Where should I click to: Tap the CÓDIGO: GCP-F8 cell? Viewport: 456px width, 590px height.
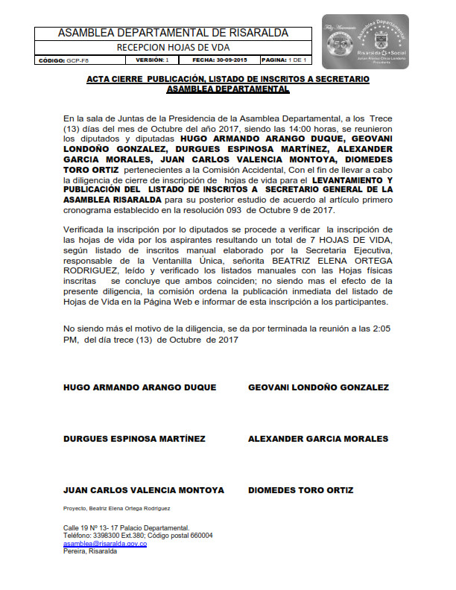point(62,60)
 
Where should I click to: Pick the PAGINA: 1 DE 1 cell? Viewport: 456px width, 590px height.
point(284,60)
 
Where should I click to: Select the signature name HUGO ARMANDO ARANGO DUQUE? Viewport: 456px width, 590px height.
point(140,387)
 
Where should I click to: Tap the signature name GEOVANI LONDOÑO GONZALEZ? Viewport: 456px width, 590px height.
point(318,387)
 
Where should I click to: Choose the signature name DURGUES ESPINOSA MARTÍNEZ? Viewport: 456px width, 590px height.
point(134,439)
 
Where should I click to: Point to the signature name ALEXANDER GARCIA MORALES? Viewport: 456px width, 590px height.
point(318,439)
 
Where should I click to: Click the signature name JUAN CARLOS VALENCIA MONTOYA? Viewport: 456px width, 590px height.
point(144,490)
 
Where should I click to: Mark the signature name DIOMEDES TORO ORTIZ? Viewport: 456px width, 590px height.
point(300,490)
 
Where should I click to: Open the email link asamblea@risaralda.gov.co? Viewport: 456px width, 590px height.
point(105,544)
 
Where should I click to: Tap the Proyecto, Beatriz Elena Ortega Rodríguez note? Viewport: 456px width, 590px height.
point(117,508)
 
